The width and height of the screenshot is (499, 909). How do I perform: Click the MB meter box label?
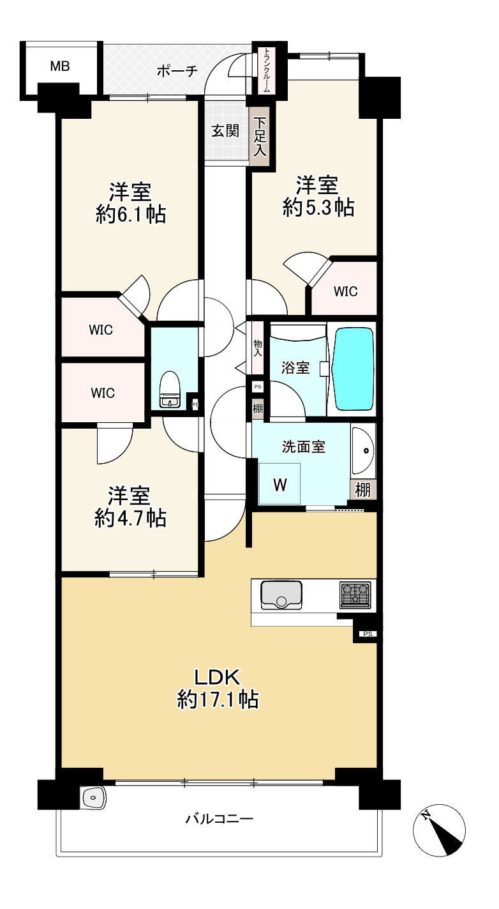pyautogui.click(x=59, y=66)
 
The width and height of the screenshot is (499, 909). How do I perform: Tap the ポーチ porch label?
pyautogui.click(x=177, y=72)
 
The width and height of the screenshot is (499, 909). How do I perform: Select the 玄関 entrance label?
pyautogui.click(x=225, y=131)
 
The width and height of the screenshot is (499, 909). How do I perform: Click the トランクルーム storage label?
pyautogui.click(x=266, y=71)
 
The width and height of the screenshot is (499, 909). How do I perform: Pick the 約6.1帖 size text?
pyautogui.click(x=131, y=214)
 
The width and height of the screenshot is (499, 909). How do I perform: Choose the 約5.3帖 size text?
pyautogui.click(x=318, y=208)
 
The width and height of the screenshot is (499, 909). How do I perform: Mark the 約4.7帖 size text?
pyautogui.click(x=130, y=518)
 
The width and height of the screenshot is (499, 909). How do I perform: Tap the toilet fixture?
pyautogui.click(x=169, y=390)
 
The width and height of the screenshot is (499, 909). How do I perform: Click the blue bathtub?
pyautogui.click(x=352, y=369)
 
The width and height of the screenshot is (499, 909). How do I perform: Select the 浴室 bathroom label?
pyautogui.click(x=295, y=368)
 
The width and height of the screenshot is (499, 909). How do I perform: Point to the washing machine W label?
pyautogui.click(x=280, y=485)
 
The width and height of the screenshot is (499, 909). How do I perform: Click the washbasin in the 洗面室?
pyautogui.click(x=363, y=450)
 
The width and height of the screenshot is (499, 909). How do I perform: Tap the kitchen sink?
pyautogui.click(x=281, y=595)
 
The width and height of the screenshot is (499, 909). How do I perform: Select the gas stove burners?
pyautogui.click(x=355, y=595)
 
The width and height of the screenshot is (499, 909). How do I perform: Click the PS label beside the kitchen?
pyautogui.click(x=368, y=634)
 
